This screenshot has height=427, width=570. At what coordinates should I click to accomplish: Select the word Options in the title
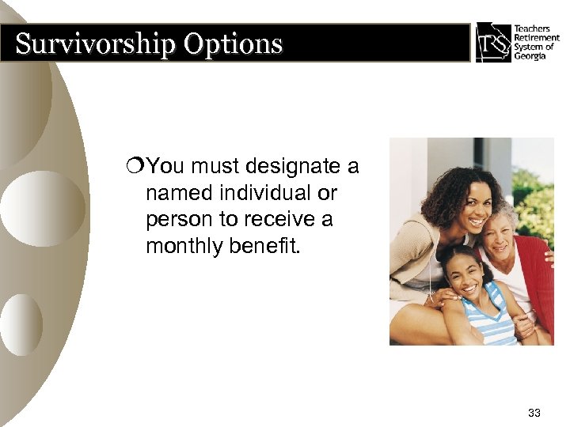[233, 43]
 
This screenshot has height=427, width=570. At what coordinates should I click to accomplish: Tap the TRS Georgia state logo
[493, 41]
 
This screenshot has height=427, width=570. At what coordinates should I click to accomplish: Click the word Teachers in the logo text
[532, 29]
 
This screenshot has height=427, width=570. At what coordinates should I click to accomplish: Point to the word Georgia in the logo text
[530, 55]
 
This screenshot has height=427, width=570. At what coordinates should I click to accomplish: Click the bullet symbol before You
[139, 168]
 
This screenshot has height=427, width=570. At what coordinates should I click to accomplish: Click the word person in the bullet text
[173, 219]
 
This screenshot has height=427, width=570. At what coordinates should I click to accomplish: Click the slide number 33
[534, 412]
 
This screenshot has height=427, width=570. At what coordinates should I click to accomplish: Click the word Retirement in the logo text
[536, 38]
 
